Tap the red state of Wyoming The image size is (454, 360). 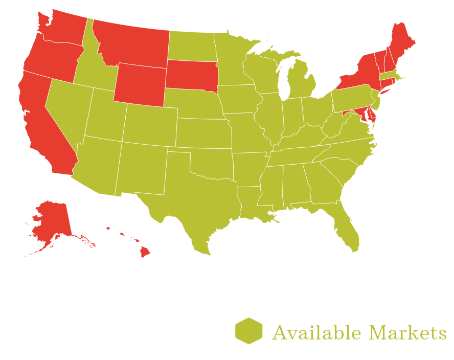tap(139, 84)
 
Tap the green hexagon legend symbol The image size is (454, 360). tap(249, 330)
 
